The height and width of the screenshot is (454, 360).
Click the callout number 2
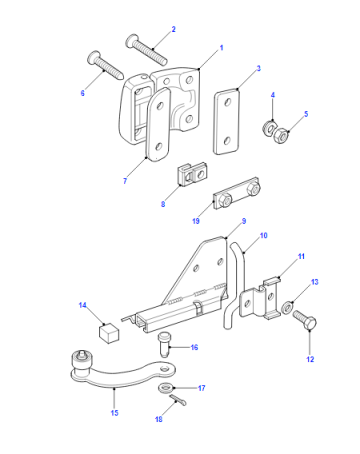[x=173, y=29]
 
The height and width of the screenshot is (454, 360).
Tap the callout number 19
[x=196, y=221]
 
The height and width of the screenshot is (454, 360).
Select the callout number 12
[x=310, y=359]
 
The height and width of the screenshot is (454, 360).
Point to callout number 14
[x=83, y=305]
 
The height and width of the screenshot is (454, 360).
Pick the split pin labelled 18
[x=178, y=400]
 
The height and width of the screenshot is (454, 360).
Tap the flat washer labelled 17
[x=165, y=388]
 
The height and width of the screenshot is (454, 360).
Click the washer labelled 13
[x=287, y=307]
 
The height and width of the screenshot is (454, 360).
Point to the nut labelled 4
[x=269, y=127]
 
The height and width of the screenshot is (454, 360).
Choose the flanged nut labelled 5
[x=281, y=136]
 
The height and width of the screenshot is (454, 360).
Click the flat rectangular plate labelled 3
[x=227, y=121]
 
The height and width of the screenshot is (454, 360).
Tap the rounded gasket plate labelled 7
[x=158, y=124]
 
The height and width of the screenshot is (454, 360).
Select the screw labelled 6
[x=105, y=66]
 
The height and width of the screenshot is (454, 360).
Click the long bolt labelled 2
[x=146, y=49]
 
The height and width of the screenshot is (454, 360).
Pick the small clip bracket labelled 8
[x=191, y=174]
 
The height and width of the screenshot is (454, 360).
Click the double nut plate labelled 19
[x=237, y=194]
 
